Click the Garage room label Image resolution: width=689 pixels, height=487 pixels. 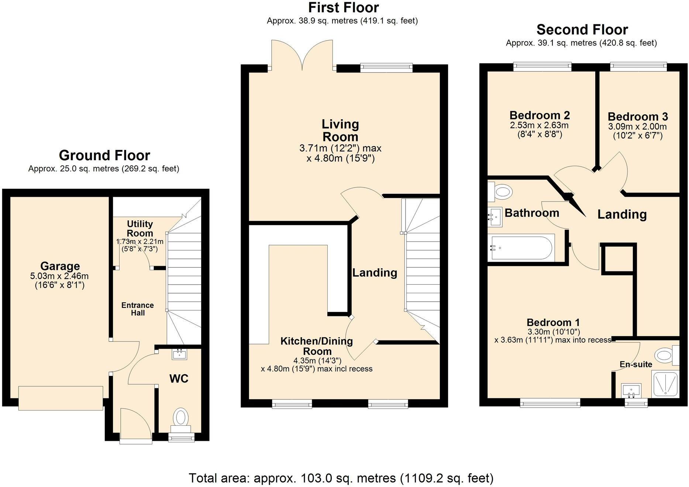(x=60, y=266)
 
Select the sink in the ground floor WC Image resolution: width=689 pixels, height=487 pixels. (x=180, y=354)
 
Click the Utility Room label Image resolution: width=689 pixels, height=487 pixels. (x=139, y=229)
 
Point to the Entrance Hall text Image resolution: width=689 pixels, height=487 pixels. (x=138, y=309)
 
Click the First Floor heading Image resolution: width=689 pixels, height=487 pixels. (x=343, y=7)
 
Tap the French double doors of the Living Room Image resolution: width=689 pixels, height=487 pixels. (x=303, y=55)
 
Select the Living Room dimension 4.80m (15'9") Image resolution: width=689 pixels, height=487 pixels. (x=340, y=159)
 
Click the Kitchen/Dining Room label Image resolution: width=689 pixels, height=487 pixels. (x=317, y=346)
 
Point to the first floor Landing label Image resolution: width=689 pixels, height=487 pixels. (x=375, y=273)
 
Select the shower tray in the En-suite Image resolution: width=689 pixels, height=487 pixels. (x=665, y=384)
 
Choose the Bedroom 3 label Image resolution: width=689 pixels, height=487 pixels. (x=638, y=117)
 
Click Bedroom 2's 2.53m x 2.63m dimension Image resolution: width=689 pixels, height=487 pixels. (x=539, y=125)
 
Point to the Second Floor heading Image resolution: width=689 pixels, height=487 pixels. (x=582, y=30)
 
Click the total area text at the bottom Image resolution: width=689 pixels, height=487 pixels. (x=341, y=478)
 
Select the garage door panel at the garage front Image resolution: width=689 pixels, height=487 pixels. (x=61, y=398)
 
